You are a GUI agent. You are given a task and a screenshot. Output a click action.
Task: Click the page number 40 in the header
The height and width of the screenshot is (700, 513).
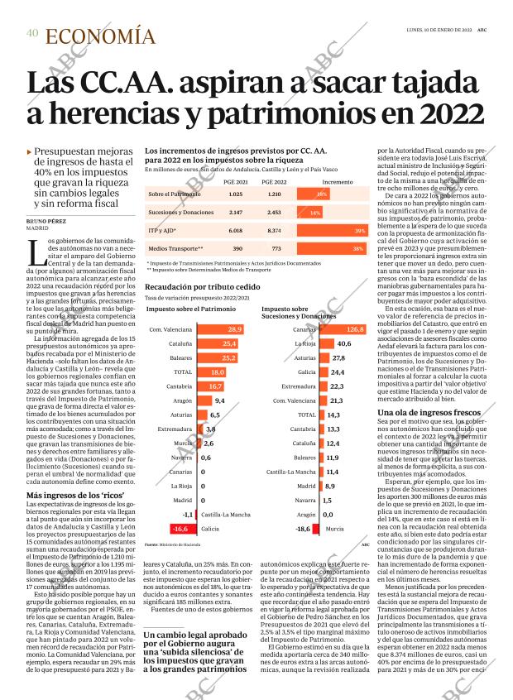coord(31,33)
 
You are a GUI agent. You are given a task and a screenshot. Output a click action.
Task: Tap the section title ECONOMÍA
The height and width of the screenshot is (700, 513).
coord(100,36)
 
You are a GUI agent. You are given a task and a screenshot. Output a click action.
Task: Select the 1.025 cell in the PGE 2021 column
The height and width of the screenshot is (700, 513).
coord(212,194)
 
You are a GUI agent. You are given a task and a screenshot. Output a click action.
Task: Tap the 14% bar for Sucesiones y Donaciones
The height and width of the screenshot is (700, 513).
coord(315,212)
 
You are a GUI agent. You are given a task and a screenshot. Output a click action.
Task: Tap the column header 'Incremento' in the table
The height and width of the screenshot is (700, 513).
coord(337,181)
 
